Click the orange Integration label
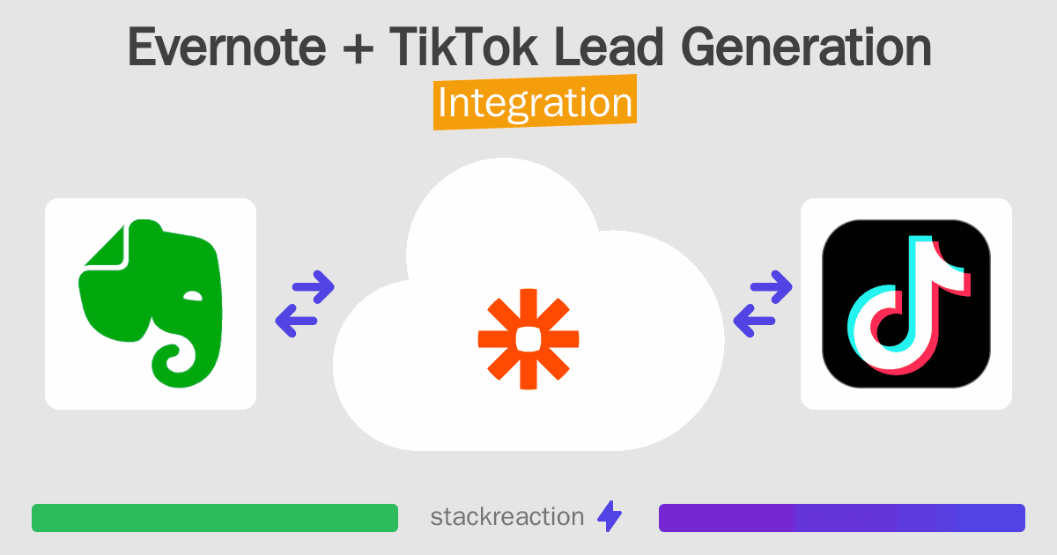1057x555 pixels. pos(535,103)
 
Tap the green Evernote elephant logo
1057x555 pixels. pos(150,300)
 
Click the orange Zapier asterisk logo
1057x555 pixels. pos(528,338)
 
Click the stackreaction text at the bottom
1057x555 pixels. pos(506,517)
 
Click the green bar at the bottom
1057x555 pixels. pos(215,518)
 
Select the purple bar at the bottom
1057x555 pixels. pos(841,518)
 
